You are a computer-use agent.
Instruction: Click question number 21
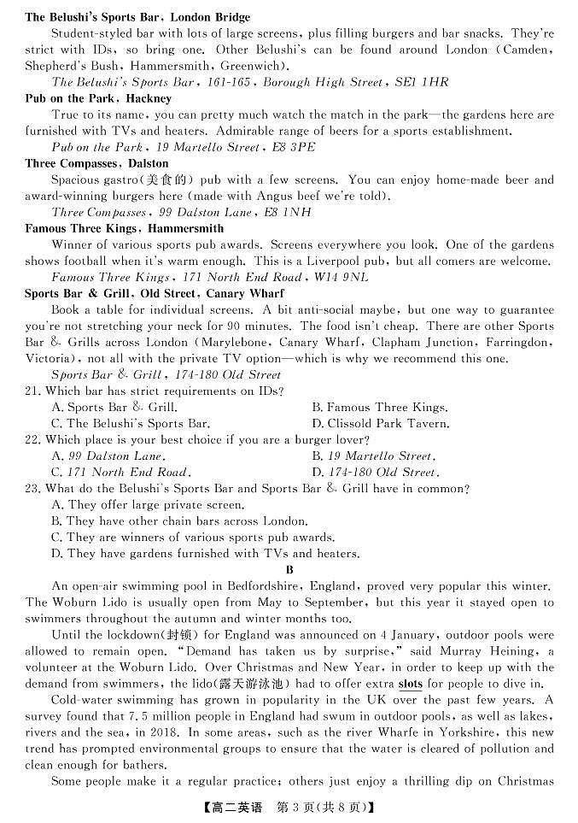pyautogui.click(x=33, y=391)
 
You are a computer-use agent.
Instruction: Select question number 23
pyautogui.click(x=33, y=489)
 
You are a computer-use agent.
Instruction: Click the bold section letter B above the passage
pyautogui.click(x=289, y=570)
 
